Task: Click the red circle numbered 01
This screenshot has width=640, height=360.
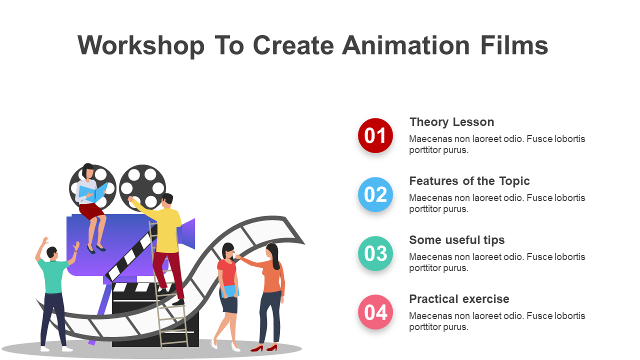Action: (375, 135)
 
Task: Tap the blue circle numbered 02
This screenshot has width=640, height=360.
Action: (375, 194)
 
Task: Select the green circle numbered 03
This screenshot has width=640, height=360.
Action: (375, 253)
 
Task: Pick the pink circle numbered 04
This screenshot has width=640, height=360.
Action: (375, 312)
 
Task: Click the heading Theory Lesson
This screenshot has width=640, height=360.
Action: (451, 122)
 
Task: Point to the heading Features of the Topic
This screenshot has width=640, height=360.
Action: (469, 181)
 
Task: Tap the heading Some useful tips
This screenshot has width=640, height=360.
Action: (457, 240)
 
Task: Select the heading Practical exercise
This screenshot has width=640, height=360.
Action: (459, 299)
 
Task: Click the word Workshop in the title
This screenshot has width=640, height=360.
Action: (141, 45)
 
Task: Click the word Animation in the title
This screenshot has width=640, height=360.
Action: (405, 45)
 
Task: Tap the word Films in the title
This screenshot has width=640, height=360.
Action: (513, 45)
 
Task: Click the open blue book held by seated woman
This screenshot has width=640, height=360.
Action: (93, 191)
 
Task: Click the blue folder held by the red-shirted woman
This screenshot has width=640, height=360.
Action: (229, 291)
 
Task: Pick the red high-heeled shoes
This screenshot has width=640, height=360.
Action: (264, 348)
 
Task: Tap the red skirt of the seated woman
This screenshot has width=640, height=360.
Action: (91, 211)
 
